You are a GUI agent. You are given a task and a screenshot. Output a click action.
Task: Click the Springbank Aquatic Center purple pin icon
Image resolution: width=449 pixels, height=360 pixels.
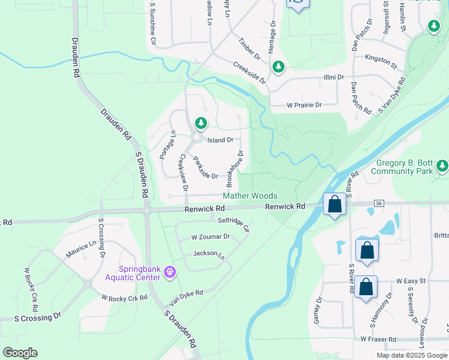pos(170,273)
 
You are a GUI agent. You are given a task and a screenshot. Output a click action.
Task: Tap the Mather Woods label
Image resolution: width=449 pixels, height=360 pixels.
pos(250,196)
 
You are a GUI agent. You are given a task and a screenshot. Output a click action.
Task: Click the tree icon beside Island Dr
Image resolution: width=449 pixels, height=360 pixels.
pos(201,124)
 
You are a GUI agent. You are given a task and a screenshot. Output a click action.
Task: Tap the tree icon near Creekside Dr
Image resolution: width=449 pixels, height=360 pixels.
pos(278,67)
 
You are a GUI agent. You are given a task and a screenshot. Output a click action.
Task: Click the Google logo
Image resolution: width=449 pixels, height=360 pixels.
pos(20,353)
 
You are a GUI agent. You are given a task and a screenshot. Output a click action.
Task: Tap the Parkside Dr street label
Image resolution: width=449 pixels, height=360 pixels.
pos(205,167)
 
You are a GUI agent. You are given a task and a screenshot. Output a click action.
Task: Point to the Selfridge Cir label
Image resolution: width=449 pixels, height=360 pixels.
pos(234,224)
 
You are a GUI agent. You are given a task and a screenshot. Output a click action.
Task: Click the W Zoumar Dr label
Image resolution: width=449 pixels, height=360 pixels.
pos(211,237)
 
